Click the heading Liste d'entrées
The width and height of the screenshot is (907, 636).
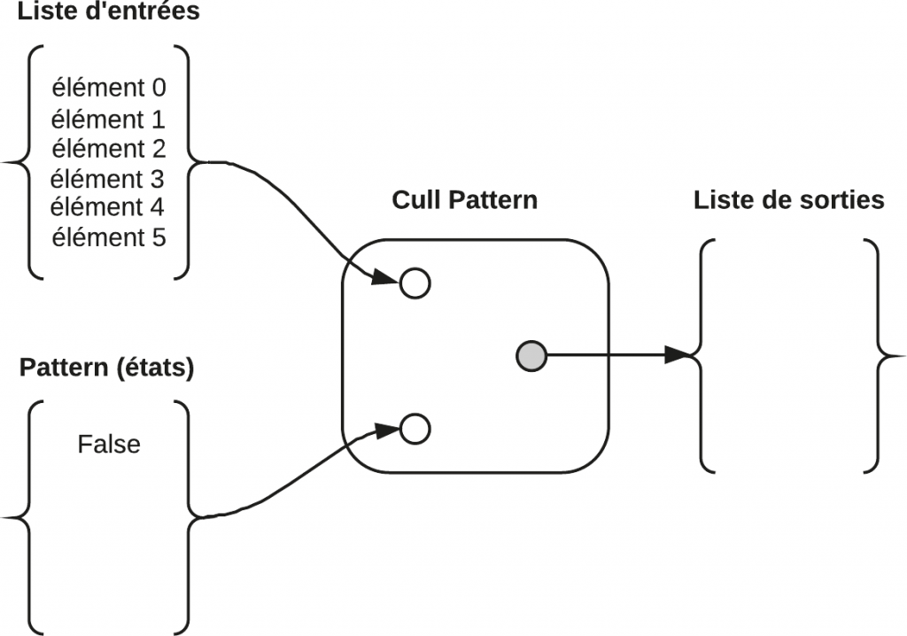108,12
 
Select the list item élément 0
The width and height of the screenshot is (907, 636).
109,88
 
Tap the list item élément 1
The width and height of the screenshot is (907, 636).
109,118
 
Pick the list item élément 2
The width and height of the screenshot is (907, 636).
109,147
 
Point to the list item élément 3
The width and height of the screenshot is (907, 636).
109,178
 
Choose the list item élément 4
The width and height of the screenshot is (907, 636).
109,207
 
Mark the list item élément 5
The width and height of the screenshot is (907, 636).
109,237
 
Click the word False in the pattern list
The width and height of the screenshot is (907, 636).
109,444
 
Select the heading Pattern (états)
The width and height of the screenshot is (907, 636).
106,368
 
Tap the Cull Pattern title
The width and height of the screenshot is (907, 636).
464,199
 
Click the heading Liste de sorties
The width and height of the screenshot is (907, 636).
788,200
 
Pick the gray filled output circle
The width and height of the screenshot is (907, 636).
531,356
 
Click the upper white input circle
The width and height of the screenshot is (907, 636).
415,283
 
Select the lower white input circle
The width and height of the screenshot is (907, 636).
415,430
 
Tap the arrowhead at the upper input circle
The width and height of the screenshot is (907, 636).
385,278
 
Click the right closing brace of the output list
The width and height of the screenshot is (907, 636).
880,356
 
